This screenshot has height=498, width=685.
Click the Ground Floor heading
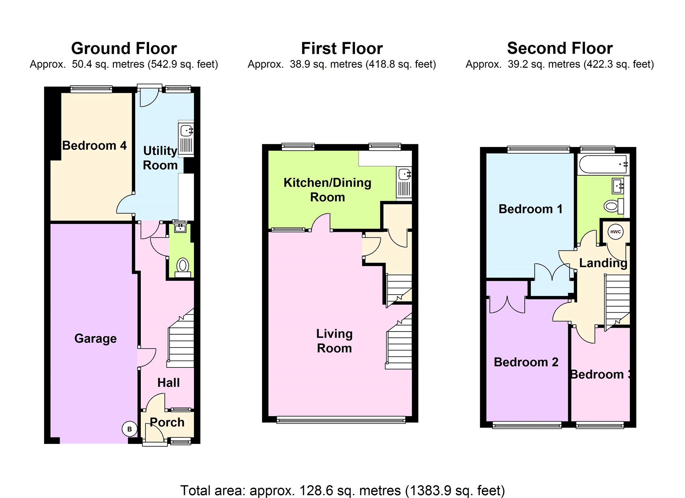click(124, 48)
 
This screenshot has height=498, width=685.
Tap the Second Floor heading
click(560, 48)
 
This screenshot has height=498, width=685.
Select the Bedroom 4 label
click(95, 146)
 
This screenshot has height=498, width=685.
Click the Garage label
click(96, 338)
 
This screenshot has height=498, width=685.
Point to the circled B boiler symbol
click(129, 429)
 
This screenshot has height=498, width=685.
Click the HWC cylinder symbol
click(615, 232)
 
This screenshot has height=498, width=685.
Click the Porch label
click(167, 423)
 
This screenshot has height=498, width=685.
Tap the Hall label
click(169, 383)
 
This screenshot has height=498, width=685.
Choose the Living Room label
click(334, 341)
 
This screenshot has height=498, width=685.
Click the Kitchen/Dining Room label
click(327, 190)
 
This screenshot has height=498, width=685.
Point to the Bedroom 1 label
click(531, 209)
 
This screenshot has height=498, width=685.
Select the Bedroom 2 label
click(526, 362)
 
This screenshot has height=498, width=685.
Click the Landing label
click(603, 263)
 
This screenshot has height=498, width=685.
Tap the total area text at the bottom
click(342, 490)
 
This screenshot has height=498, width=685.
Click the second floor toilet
click(613, 206)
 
